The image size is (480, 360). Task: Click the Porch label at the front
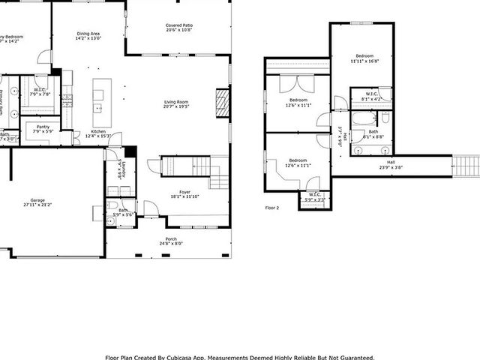[x=172, y=239]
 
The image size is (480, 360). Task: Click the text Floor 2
[x=271, y=207]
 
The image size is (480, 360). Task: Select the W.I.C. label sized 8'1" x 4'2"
[x=371, y=95]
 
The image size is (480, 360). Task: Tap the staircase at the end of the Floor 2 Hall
[x=466, y=164]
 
